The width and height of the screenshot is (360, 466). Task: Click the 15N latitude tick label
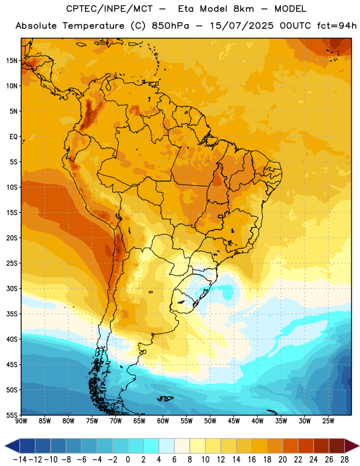tap(12, 61)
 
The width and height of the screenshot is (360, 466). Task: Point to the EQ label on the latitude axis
tap(13, 137)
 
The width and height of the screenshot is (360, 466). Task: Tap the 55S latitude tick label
tap(12, 415)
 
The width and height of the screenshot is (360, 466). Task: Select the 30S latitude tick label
tap(12, 288)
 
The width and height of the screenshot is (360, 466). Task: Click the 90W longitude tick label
tap(21, 421)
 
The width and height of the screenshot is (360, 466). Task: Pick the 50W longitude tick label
tap(210, 421)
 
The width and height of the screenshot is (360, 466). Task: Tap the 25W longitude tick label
tap(328, 421)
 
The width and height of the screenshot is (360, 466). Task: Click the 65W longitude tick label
tap(139, 421)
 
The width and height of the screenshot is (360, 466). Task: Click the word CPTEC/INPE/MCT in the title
tap(110, 9)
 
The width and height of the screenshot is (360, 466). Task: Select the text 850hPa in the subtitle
tap(170, 26)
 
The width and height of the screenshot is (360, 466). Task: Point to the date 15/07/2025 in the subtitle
tap(242, 26)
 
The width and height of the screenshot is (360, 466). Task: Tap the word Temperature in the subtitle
tap(93, 26)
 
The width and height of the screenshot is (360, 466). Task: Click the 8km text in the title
tap(243, 9)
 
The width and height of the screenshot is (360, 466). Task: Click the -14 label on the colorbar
tap(20, 460)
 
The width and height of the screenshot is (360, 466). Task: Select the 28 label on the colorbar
tap(344, 460)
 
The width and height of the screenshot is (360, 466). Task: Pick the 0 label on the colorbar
tap(128, 460)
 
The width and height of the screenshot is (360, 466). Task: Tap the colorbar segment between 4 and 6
tap(167, 446)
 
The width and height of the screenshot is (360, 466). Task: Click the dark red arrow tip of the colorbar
tap(352, 446)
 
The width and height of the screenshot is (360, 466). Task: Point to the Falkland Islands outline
tap(165, 398)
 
